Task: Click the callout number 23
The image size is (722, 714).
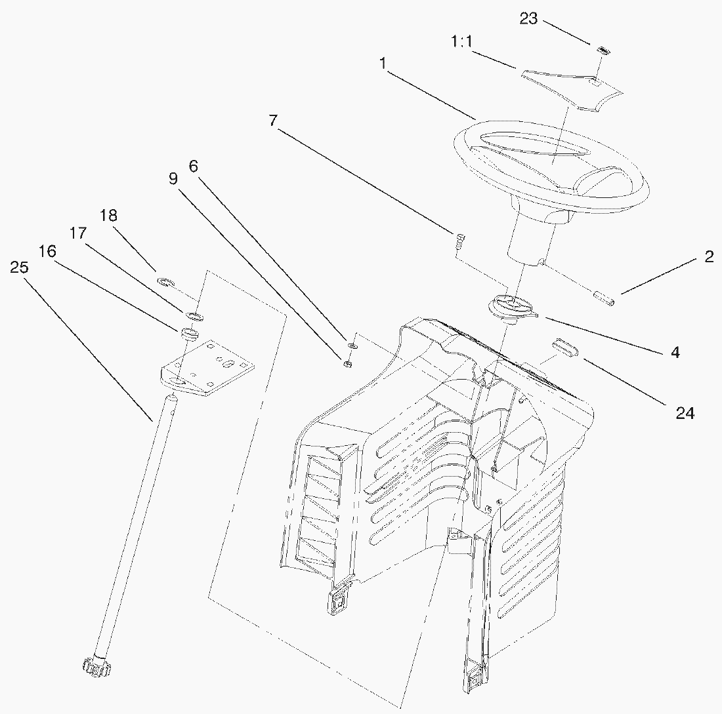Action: click(x=529, y=19)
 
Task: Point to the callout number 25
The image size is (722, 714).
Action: click(x=20, y=267)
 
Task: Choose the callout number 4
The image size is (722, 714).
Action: click(x=675, y=352)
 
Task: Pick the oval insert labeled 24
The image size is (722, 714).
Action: click(x=564, y=347)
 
